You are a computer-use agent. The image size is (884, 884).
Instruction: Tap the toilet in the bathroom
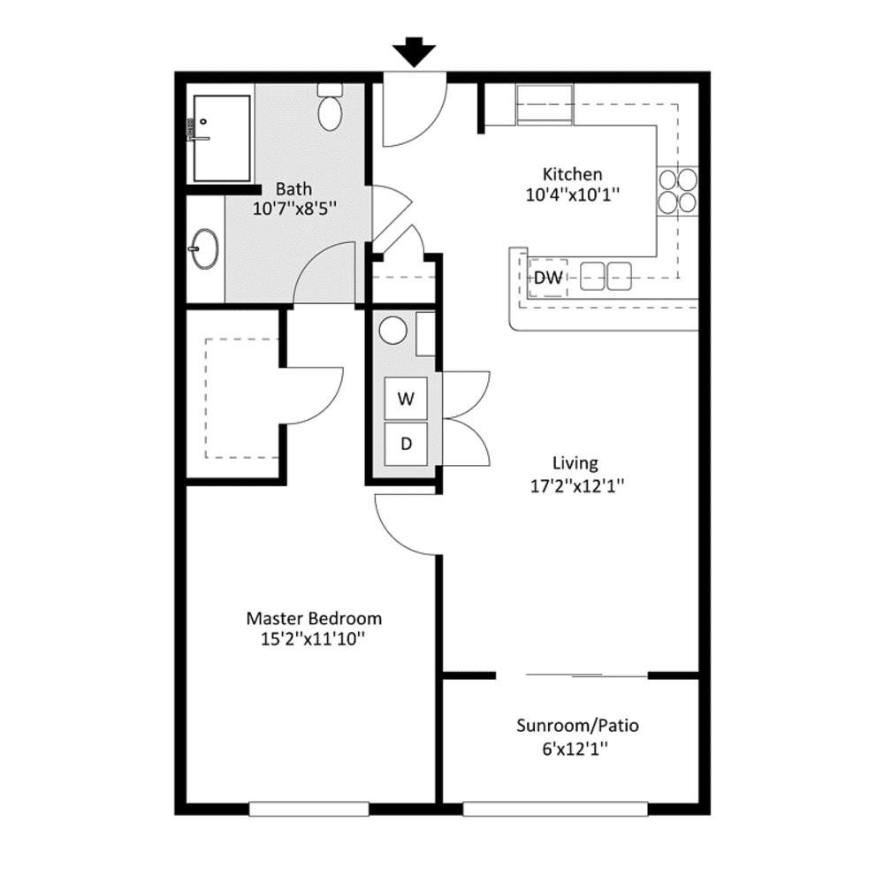pos(331,109)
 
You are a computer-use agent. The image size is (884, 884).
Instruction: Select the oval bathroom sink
pos(205,248)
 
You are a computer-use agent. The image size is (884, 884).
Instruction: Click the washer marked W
pos(406,398)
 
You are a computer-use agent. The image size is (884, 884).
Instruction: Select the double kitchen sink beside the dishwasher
pos(606,276)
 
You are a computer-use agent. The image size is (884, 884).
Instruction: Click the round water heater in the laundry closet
pos(392,331)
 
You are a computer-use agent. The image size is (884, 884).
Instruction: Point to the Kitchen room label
pos(572,175)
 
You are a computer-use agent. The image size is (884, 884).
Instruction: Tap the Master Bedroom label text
pos(314,618)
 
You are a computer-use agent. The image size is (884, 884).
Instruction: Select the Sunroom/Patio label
pos(577,727)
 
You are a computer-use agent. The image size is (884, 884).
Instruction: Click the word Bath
pos(293,188)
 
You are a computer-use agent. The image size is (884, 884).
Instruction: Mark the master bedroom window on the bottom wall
pos(309,808)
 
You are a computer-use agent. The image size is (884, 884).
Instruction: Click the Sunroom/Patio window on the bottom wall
pos(555,808)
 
